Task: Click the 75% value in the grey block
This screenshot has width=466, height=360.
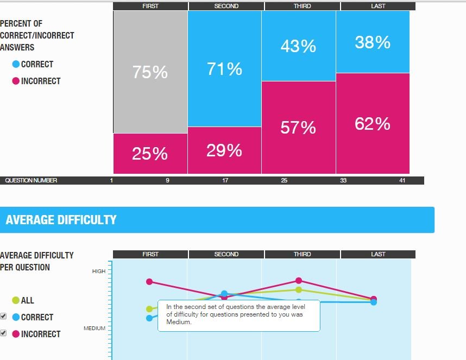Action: click(x=150, y=72)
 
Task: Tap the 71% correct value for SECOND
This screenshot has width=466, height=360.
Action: click(x=224, y=69)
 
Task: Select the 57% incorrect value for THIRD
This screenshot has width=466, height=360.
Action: click(x=298, y=127)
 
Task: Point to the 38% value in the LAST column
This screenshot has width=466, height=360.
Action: click(x=373, y=42)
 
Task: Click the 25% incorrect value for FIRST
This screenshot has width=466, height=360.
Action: click(x=150, y=154)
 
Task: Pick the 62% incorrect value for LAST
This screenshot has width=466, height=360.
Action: click(x=373, y=124)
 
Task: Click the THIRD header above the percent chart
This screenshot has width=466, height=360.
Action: click(x=303, y=6)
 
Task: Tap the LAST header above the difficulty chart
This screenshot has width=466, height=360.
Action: click(x=378, y=254)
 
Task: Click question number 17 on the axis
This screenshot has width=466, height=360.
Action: click(x=225, y=180)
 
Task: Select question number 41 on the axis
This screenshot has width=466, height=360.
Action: click(x=402, y=180)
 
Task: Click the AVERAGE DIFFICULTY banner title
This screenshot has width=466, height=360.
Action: click(x=61, y=220)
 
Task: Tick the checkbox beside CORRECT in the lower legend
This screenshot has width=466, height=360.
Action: click(x=3, y=316)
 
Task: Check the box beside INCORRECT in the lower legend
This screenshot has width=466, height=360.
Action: click(x=3, y=333)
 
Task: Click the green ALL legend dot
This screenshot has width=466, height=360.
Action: click(x=16, y=300)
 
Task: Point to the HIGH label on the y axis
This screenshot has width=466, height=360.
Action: click(x=99, y=271)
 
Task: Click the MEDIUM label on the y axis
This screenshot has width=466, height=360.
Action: click(x=95, y=329)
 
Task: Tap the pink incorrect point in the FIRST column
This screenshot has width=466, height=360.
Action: click(x=149, y=281)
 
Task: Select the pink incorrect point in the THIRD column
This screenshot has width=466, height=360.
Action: click(x=298, y=280)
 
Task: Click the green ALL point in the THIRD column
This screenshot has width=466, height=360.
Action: click(x=298, y=289)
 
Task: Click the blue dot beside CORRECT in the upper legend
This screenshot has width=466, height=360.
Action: click(x=16, y=64)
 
